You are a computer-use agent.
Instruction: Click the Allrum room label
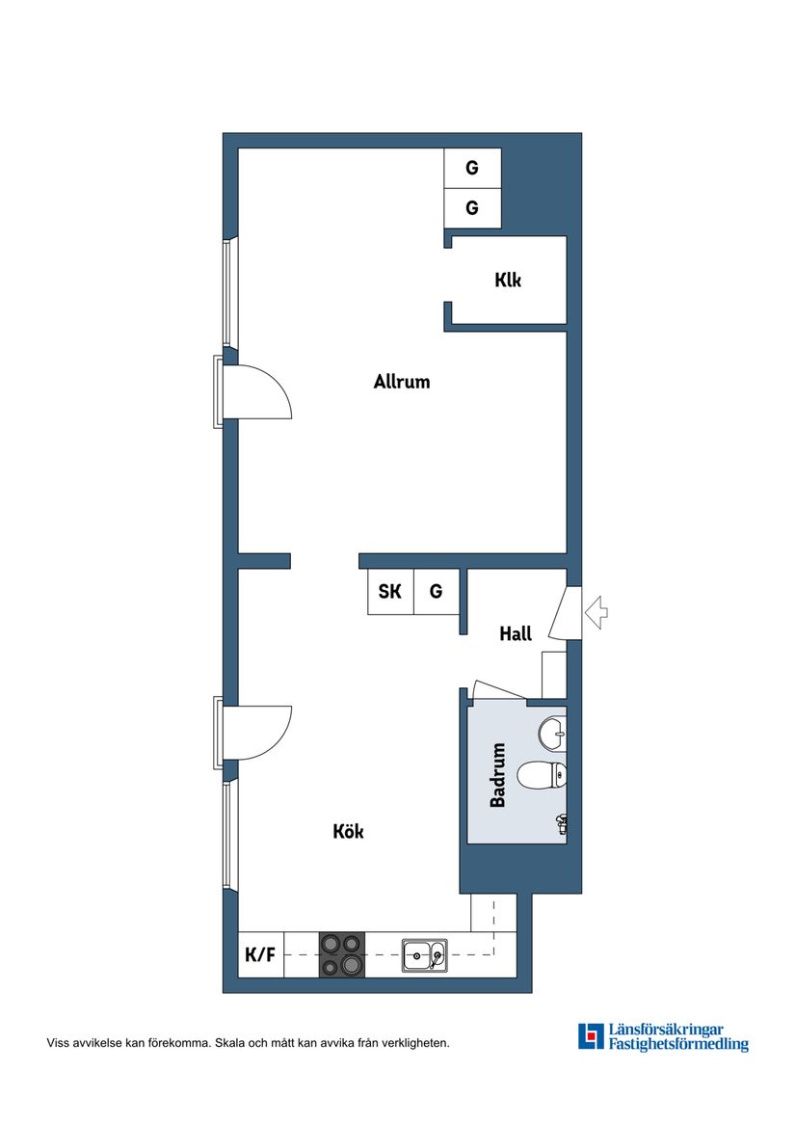coord(402,382)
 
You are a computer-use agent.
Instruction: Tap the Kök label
coord(348,831)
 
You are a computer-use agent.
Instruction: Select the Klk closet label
coord(508,281)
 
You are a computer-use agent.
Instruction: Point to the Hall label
coord(516,634)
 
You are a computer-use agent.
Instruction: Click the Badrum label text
coord(498,775)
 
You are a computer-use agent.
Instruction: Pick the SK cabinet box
coord(390,592)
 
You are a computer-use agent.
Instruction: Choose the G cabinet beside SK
coord(437,592)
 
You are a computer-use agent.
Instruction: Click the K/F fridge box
coord(260,955)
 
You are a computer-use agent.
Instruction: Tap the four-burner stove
coord(342,955)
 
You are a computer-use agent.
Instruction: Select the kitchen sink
coord(424,955)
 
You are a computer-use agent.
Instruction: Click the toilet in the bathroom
coord(542,774)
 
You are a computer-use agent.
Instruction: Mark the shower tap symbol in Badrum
coord(561,822)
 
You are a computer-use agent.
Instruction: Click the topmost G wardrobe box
coord(472,168)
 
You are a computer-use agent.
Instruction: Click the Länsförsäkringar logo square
coord(591,1036)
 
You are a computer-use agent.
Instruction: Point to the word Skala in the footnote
coord(230,1043)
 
